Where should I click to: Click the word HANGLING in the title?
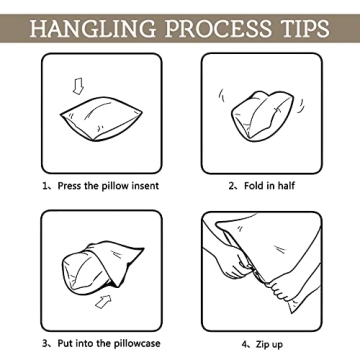pyautogui.click(x=93, y=28)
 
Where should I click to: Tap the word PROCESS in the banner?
pyautogui.click(x=218, y=28)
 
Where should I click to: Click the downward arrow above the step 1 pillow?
pyautogui.click(x=78, y=86)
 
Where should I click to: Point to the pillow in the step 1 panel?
pyautogui.click(x=101, y=119)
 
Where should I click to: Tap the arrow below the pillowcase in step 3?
pyautogui.click(x=103, y=301)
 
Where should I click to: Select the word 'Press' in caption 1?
pyautogui.click(x=70, y=186)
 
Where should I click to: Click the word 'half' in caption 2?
pyautogui.click(x=286, y=186)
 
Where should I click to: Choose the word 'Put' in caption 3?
pyautogui.click(x=65, y=343)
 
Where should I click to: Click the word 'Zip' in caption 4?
pyautogui.click(x=262, y=344)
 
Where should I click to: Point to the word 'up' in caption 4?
pyautogui.click(x=277, y=345)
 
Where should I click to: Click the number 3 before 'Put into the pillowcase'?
pyautogui.click(x=45, y=344)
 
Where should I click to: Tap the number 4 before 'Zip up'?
pyautogui.click(x=244, y=344)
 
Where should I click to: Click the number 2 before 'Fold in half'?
pyautogui.click(x=231, y=186)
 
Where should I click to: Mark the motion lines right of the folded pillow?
pyautogui.click(x=301, y=106)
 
